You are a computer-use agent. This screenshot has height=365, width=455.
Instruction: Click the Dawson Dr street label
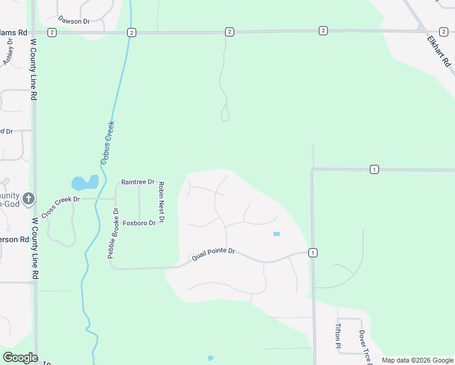coord(74,21)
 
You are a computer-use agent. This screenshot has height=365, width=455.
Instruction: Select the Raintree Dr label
coord(137,182)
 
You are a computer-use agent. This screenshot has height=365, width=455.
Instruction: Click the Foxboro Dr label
coord(139,223)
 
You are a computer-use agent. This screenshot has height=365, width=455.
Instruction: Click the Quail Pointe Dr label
coord(213,258)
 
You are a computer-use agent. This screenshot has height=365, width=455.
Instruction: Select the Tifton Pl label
coord(338,336)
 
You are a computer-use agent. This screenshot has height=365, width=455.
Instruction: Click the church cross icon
coord(29,198)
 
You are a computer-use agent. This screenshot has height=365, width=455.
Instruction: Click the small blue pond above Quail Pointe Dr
coord(277,234)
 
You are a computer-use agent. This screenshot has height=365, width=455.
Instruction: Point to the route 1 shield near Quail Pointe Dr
coord(313,252)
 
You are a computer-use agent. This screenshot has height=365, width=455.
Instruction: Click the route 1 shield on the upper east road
coord(373,169)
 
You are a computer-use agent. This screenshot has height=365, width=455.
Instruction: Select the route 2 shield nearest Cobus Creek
coord(131,32)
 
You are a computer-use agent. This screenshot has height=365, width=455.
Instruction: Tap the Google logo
coord(20,358)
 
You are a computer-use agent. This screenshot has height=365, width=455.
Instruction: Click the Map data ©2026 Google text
coord(417,360)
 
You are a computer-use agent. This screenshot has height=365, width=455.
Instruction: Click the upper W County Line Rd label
coord(34,70)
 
